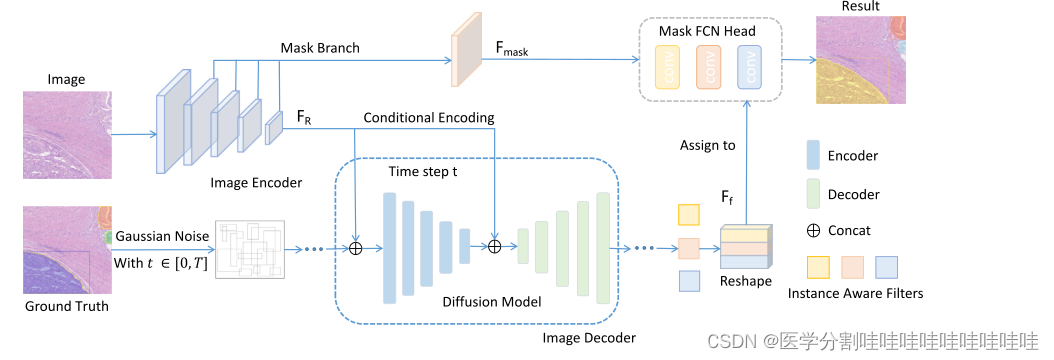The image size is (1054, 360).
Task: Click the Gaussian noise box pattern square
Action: click(251, 247)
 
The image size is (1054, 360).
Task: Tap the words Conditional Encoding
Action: click(428, 117)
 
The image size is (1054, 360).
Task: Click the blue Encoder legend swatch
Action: click(813, 156)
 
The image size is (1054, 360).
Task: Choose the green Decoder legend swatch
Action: click(813, 193)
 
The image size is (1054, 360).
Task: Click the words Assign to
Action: click(708, 145)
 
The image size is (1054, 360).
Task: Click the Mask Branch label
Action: click(319, 47)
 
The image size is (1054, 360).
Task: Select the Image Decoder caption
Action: click(588, 338)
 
